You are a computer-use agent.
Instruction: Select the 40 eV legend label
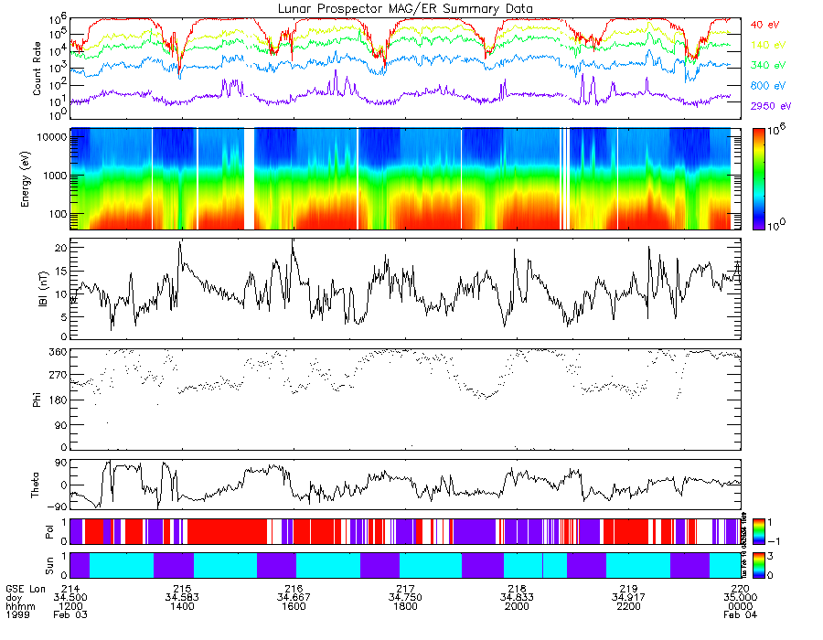[765, 24]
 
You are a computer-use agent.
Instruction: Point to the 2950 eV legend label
[771, 106]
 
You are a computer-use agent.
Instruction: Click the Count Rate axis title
[37, 69]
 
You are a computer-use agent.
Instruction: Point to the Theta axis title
[37, 485]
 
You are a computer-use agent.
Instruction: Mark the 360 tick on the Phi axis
[58, 352]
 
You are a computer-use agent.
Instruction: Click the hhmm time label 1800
[405, 606]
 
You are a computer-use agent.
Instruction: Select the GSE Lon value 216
[294, 588]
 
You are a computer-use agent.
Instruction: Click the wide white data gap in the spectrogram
[250, 178]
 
